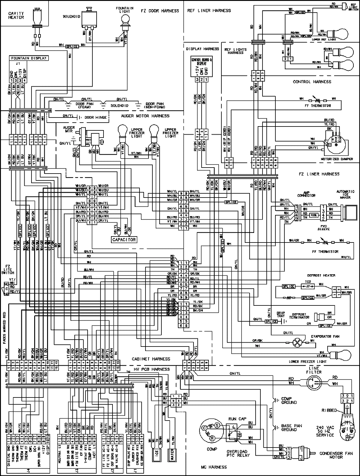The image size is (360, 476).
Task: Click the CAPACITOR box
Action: coord(124,239)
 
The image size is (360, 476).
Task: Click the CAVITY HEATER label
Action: coord(16,15)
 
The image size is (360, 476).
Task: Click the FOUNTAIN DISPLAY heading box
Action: coord(29,58)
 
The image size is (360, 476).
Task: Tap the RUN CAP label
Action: coord(235,419)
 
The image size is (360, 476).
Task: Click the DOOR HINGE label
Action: coord(95,118)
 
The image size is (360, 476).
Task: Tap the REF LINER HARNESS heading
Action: coord(209,10)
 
